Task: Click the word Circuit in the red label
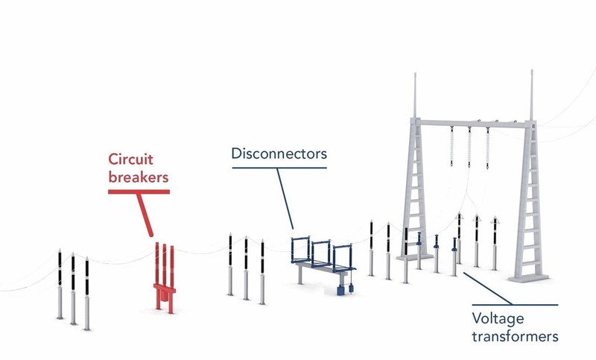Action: (131, 159)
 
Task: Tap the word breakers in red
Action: (139, 177)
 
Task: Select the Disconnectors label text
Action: (279, 154)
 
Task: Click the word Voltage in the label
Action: (498, 319)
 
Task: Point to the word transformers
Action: (515, 336)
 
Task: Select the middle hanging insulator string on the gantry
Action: (469, 147)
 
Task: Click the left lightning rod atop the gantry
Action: (415, 96)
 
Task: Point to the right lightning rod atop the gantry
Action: (531, 95)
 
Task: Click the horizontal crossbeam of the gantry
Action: (473, 123)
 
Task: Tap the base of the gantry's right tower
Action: (529, 279)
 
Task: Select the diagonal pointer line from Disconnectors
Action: (285, 198)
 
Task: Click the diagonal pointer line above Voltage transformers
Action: (487, 288)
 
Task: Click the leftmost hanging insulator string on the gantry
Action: (452, 146)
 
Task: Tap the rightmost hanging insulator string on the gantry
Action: (488, 148)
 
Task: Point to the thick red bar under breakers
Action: (139, 192)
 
